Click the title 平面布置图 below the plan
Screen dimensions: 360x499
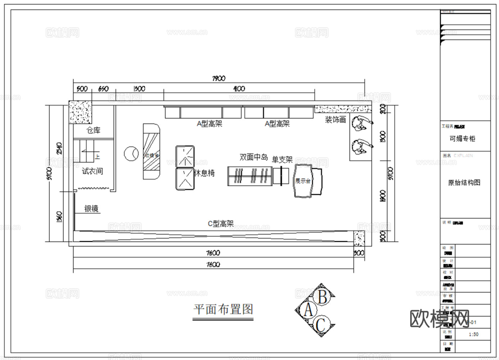[x=223, y=309]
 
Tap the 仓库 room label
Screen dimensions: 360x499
[x=94, y=130]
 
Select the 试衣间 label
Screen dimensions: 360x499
[x=92, y=171]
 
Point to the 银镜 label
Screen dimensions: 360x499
[x=91, y=209]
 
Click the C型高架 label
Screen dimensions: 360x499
[x=221, y=224]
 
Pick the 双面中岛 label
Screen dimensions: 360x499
[x=254, y=157]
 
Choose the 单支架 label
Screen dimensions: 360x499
[x=282, y=159]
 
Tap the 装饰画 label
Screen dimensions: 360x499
[x=335, y=120]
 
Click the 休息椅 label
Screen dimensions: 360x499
[x=204, y=173]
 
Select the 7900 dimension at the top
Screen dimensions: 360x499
[x=219, y=78]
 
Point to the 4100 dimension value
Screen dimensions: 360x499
[x=239, y=89]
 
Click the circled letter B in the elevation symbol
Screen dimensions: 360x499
[x=322, y=297]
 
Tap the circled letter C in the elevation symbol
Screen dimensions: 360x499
[x=321, y=325]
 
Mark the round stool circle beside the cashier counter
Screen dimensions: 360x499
[x=131, y=154]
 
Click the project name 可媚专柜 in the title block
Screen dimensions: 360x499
[x=462, y=139]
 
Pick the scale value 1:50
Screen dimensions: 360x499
[x=473, y=334]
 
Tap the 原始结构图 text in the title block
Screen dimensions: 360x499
[x=464, y=183]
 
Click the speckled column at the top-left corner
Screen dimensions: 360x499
[x=80, y=112]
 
